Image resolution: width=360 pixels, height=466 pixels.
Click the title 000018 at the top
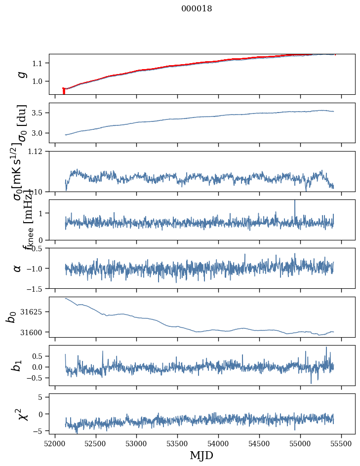coord(197,9)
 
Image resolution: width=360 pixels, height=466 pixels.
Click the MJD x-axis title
coord(201,455)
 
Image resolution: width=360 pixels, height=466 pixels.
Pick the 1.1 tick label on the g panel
coord(39,63)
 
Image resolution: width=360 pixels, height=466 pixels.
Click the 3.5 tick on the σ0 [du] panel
coord(39,113)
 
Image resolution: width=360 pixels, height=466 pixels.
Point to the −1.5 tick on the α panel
coord(35,288)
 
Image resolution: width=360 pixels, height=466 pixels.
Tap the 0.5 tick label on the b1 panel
coord(39,356)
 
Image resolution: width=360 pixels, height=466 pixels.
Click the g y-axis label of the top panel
coord(21,75)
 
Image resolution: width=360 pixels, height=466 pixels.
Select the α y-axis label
coord(18,268)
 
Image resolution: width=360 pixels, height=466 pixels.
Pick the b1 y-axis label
coord(18,365)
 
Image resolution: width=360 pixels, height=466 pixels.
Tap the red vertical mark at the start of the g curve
coord(64,91)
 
